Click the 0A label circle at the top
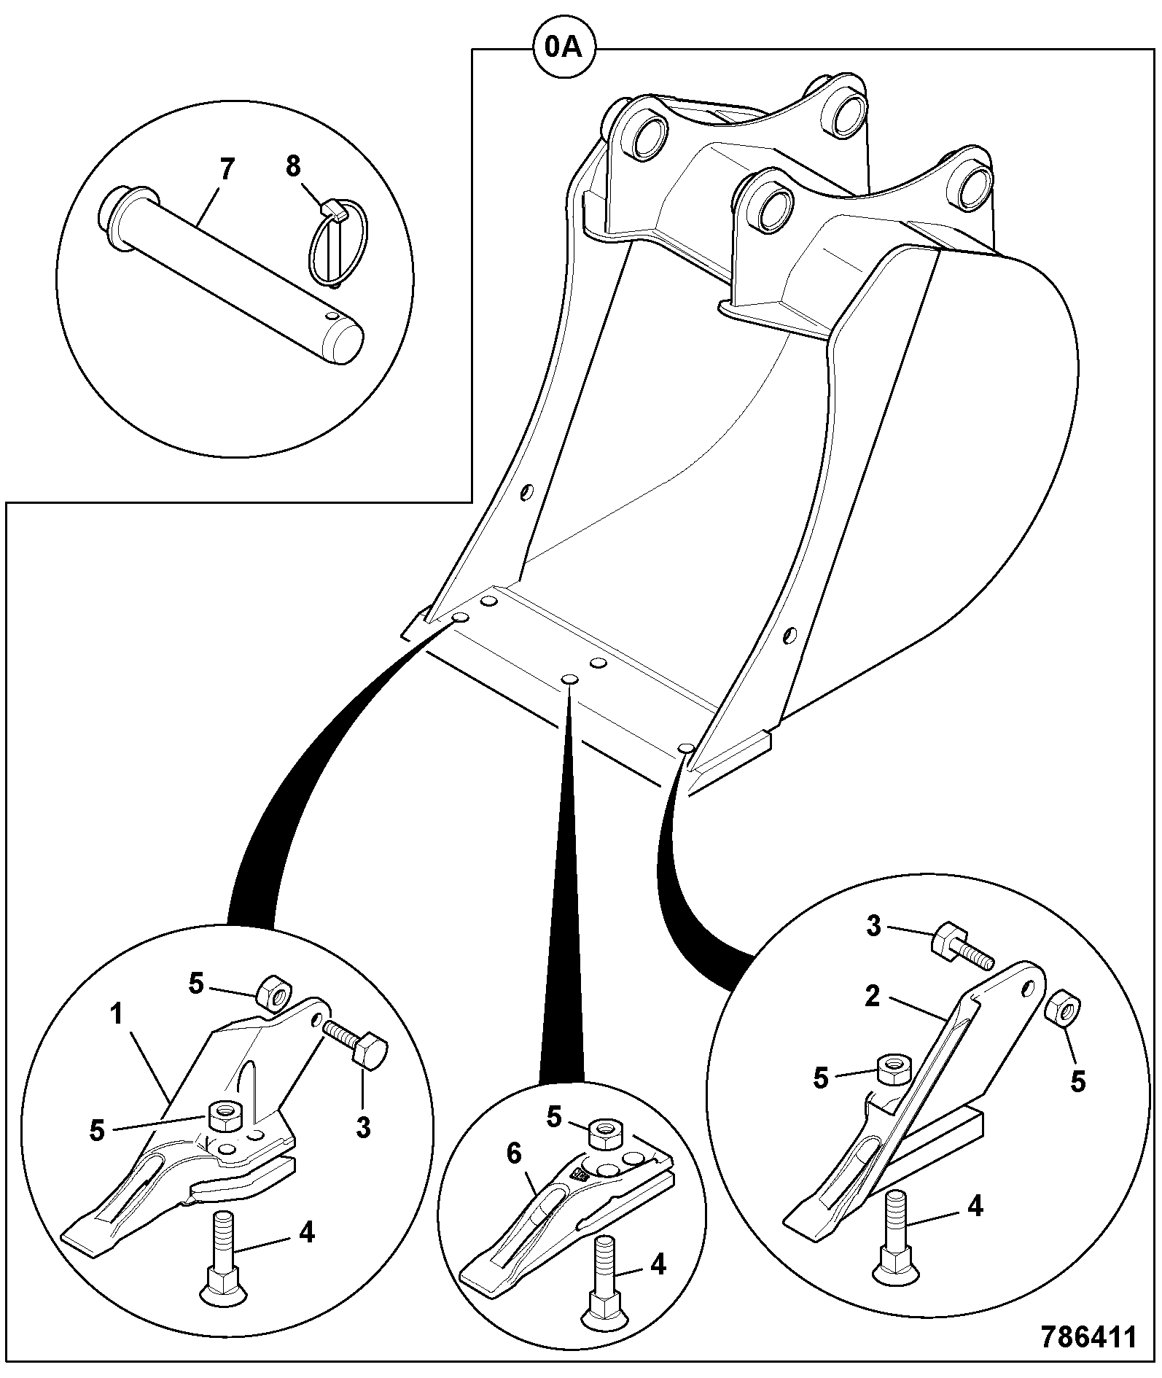click(565, 48)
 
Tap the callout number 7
click(227, 170)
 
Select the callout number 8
click(292, 166)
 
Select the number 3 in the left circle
click(363, 1126)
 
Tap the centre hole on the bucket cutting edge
click(569, 680)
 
